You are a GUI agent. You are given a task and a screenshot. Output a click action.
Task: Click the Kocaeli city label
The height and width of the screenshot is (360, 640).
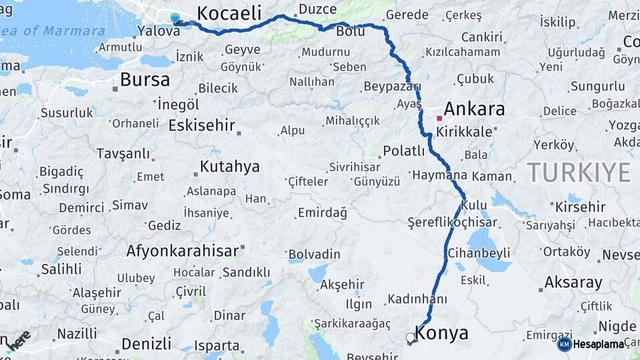229,13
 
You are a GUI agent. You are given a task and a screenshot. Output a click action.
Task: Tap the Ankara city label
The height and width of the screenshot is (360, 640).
474,109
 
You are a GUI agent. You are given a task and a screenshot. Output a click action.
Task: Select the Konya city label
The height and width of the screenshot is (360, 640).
441,333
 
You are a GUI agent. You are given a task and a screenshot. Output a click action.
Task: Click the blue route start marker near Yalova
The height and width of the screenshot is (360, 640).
175,19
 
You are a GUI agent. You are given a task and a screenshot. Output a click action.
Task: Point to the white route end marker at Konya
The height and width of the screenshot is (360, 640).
411,337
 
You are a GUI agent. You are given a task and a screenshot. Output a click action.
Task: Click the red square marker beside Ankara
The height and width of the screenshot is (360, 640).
439,118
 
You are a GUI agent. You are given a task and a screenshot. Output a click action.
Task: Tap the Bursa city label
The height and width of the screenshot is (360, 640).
145,80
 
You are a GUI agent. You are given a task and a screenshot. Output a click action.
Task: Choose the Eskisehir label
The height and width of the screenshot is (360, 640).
202,125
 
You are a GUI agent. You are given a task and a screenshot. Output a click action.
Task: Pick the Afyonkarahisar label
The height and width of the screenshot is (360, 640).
182,251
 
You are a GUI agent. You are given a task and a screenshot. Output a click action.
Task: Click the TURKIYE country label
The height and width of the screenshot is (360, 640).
579,173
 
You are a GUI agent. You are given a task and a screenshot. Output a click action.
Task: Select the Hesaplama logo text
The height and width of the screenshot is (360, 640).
599,344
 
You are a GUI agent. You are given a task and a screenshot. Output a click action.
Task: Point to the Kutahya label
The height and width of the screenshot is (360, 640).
229,167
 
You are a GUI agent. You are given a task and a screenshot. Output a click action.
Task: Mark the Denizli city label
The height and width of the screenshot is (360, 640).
146,344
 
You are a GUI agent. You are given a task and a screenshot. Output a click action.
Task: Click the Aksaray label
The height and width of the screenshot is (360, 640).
573,282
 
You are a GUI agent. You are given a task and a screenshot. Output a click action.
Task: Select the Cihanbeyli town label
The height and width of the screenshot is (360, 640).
479,253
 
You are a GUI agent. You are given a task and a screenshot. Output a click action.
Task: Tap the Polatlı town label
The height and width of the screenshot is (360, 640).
404,151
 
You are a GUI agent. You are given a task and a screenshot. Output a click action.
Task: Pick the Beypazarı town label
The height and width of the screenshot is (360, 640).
392,87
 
